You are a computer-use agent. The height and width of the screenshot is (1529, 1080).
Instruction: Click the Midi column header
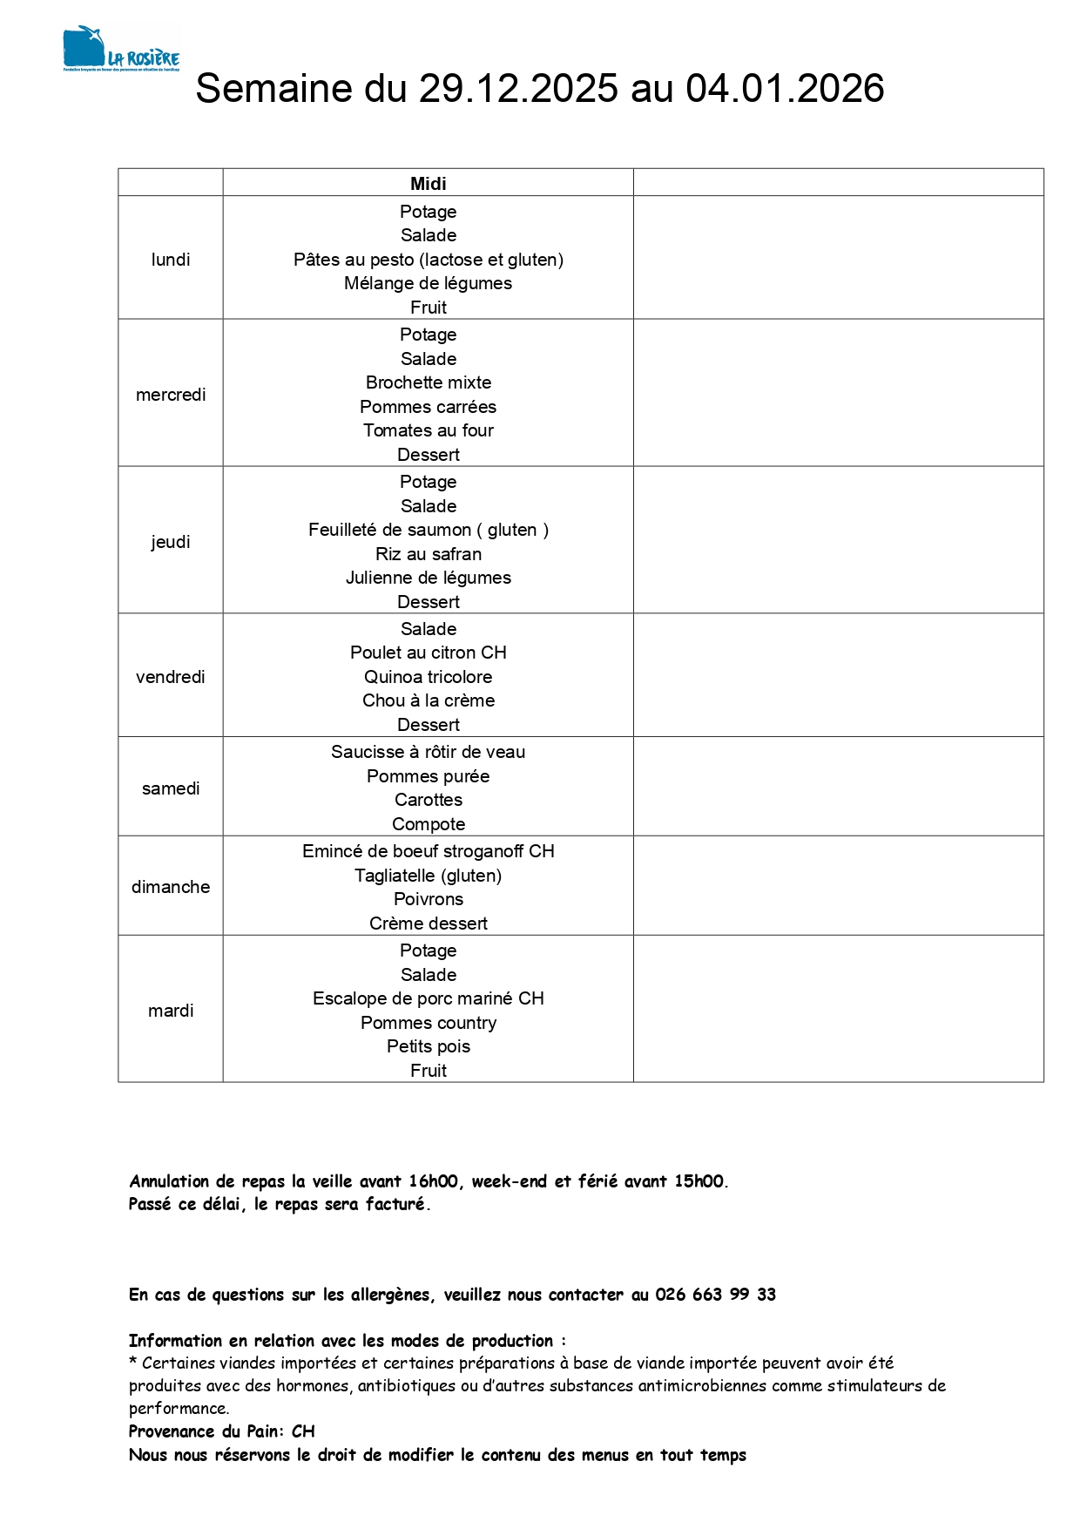(x=428, y=183)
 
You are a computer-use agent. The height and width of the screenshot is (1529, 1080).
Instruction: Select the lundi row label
(x=171, y=260)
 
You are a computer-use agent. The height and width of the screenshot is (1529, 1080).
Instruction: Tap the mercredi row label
(x=171, y=395)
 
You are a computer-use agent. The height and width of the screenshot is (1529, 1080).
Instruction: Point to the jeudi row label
(x=171, y=542)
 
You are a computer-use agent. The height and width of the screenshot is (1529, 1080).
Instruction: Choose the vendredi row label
(x=171, y=677)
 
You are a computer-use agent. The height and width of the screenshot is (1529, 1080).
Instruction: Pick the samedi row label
(x=171, y=788)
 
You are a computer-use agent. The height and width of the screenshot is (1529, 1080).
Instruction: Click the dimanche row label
(x=171, y=887)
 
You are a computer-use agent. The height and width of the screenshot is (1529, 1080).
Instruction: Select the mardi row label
(x=171, y=1011)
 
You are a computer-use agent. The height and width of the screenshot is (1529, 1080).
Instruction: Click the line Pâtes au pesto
(x=428, y=260)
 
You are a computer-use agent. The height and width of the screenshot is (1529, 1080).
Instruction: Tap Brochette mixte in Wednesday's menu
(x=428, y=382)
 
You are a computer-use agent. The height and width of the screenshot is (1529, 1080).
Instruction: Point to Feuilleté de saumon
(x=428, y=530)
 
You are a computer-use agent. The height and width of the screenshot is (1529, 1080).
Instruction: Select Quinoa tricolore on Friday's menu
(x=428, y=677)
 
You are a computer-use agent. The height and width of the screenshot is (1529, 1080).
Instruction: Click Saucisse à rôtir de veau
(x=428, y=752)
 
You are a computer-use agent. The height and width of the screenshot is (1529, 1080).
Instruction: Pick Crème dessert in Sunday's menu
(x=428, y=923)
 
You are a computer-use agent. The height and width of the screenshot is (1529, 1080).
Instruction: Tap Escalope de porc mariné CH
(x=428, y=998)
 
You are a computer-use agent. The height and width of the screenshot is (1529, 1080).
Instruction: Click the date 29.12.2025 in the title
(x=518, y=89)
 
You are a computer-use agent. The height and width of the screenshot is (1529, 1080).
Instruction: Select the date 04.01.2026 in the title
(x=785, y=89)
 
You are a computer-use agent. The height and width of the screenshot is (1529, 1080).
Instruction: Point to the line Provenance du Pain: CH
(x=222, y=1431)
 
